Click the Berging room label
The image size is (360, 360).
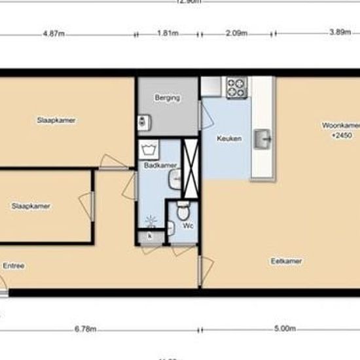(167, 98)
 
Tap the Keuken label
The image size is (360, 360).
(230, 139)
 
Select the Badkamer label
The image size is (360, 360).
(155, 166)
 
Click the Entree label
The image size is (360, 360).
(14, 266)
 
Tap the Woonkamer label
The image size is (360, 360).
(340, 125)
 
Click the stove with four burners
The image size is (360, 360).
(236, 86)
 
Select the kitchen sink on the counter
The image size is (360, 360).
(264, 137)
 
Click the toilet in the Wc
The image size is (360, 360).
(183, 211)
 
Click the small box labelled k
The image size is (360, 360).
(150, 235)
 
